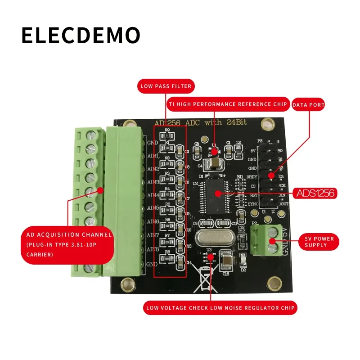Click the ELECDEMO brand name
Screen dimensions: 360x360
(x=81, y=36)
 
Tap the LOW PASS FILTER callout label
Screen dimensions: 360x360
(x=166, y=86)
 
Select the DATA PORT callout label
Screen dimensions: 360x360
(x=309, y=105)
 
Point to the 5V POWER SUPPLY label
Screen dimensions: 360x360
(x=319, y=242)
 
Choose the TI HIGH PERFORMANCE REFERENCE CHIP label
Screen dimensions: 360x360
(x=228, y=104)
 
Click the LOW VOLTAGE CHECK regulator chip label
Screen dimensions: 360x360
(x=220, y=308)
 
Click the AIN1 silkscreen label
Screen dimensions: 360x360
(x=153, y=156)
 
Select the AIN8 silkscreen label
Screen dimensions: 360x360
(x=153, y=249)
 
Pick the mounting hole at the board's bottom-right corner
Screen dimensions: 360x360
(x=273, y=283)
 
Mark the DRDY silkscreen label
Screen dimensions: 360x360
(x=252, y=177)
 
